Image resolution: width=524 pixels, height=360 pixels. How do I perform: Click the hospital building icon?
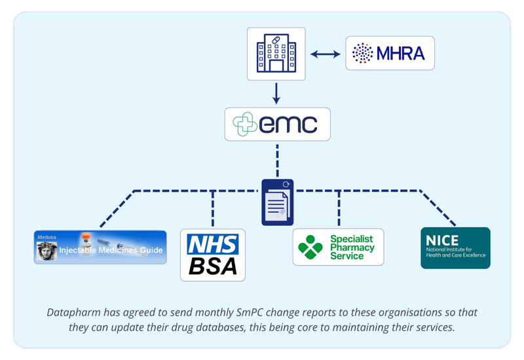coord(276,54)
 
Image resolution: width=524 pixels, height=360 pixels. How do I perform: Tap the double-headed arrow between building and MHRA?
coord(326,54)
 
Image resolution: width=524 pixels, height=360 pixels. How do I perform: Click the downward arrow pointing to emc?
coord(276,93)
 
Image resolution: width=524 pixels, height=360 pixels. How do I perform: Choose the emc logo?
coord(277,124)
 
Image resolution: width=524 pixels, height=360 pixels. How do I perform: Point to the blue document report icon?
coord(277,202)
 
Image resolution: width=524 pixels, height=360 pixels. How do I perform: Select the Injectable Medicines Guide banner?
coord(100,247)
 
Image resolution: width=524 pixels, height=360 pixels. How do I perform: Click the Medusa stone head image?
coord(47,251)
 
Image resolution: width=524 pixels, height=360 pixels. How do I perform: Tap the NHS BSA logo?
coord(213,255)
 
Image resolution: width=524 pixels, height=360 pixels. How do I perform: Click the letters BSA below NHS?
coord(213,266)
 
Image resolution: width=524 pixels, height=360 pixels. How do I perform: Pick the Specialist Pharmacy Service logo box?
coord(338,247)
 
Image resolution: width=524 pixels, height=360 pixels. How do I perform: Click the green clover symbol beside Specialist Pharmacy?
coord(310,247)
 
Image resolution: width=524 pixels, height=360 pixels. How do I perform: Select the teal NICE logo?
coord(455,247)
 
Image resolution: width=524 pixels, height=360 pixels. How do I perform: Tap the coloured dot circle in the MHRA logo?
coord(362,53)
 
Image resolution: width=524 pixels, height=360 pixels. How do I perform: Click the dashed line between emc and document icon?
coord(277,159)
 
